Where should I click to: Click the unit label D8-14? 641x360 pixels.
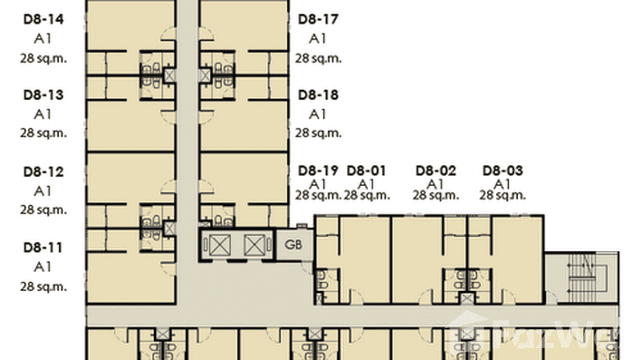43,20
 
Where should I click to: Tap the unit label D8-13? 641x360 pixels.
43,95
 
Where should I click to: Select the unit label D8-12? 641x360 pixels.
43,172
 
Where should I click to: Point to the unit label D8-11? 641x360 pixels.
43,248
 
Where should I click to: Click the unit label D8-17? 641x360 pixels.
318,20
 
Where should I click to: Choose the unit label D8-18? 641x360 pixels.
318,95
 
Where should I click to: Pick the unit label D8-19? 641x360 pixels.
318,170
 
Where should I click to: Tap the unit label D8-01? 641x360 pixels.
366,170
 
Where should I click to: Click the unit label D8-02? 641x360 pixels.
436,170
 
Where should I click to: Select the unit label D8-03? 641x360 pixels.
502,170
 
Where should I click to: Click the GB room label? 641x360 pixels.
293,245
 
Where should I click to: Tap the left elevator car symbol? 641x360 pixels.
220,245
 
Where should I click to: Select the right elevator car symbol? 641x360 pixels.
254,245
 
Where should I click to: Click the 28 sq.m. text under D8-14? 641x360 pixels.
43,59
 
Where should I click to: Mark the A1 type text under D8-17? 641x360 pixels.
318,39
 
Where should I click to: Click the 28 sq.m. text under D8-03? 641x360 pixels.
502,195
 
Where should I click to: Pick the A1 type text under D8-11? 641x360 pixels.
43,267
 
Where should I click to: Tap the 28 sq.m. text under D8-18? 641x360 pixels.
318,133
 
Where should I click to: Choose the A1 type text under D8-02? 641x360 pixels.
435,184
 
